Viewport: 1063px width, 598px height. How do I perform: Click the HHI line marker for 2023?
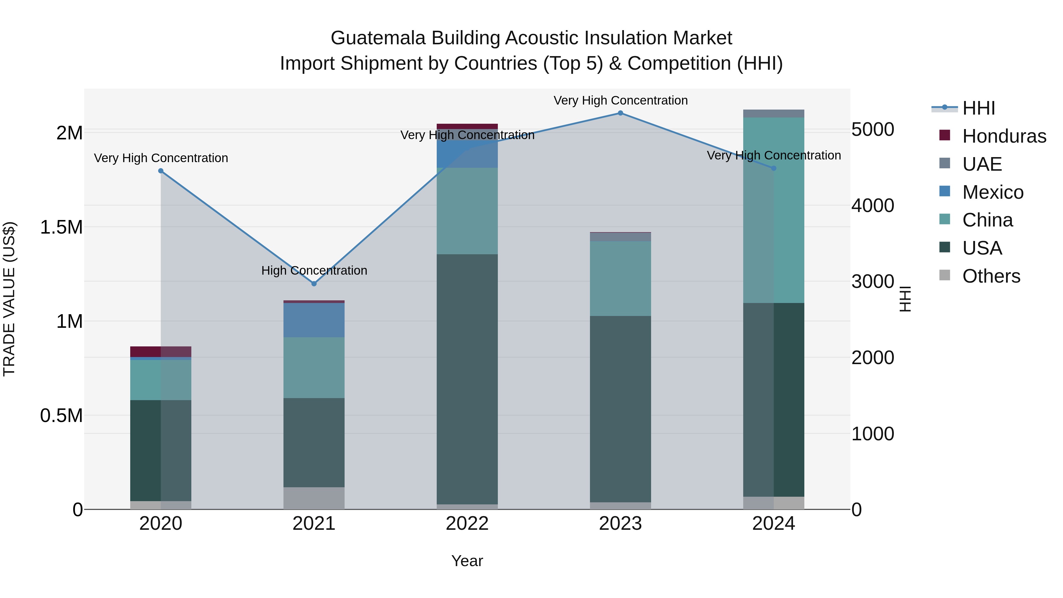pyautogui.click(x=620, y=113)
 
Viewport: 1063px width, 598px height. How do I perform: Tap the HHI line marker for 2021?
pyautogui.click(x=314, y=284)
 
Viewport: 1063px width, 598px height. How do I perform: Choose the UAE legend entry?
pyautogui.click(x=982, y=164)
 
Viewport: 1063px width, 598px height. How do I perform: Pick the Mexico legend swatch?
pyautogui.click(x=945, y=191)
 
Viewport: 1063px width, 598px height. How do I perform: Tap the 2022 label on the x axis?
pyautogui.click(x=467, y=524)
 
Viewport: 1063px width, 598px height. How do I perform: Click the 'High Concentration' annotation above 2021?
pyautogui.click(x=314, y=271)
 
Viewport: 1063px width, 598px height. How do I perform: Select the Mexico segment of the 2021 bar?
pyautogui.click(x=314, y=320)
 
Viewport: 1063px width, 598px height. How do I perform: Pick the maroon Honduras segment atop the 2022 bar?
pyautogui.click(x=467, y=126)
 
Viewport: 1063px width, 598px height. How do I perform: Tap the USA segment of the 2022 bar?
pyautogui.click(x=467, y=379)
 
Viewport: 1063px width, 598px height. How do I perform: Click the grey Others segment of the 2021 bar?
pyautogui.click(x=314, y=498)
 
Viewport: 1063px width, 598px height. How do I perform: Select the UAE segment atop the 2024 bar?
pyautogui.click(x=774, y=113)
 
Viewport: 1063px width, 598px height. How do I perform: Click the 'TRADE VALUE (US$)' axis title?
pyautogui.click(x=9, y=299)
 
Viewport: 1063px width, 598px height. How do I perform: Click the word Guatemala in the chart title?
pyautogui.click(x=378, y=38)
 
